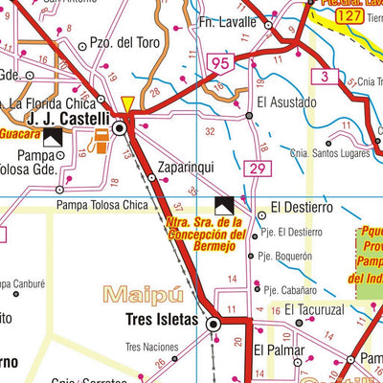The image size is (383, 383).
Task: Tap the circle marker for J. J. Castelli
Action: click(x=120, y=126)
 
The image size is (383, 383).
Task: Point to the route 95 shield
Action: click(x=219, y=64)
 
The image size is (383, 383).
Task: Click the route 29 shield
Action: click(x=256, y=169)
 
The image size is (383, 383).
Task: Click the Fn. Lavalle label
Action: click(x=228, y=22)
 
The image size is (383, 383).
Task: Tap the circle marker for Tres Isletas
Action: click(x=214, y=326)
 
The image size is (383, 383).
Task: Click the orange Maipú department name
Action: click(x=143, y=294)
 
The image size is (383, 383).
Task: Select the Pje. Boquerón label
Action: click(x=284, y=257)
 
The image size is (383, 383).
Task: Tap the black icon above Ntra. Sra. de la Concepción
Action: click(x=226, y=204)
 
